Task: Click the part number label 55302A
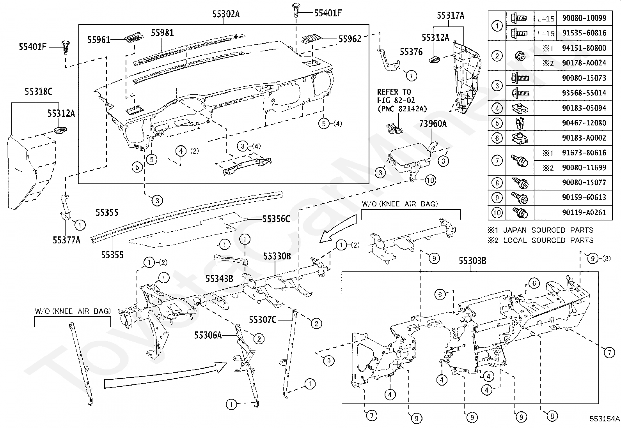click(x=226, y=14)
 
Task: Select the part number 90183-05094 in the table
click(x=584, y=108)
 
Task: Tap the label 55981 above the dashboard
click(x=162, y=33)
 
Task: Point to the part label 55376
click(x=411, y=51)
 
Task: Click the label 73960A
click(x=433, y=123)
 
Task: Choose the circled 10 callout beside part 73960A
click(x=430, y=180)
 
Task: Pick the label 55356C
click(x=276, y=219)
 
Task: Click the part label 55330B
click(x=277, y=256)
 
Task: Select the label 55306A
click(x=208, y=335)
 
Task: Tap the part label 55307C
click(x=263, y=320)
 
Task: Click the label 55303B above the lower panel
click(x=472, y=261)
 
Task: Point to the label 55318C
click(x=39, y=92)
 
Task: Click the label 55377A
click(x=67, y=240)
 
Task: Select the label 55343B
click(x=219, y=278)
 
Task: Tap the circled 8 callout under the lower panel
click(x=552, y=416)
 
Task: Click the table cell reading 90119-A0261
click(x=584, y=212)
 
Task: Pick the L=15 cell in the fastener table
click(x=546, y=19)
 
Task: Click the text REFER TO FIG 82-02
click(x=396, y=96)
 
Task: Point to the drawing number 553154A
click(x=605, y=419)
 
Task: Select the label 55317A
click(x=451, y=16)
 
